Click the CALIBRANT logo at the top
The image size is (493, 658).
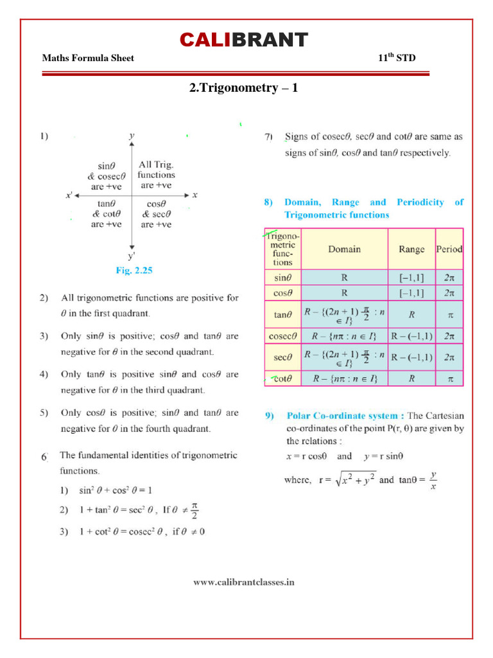point(243,40)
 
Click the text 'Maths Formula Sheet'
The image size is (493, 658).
point(88,58)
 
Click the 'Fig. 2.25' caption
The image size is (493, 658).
point(134,271)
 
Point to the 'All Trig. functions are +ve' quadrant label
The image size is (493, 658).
point(157,175)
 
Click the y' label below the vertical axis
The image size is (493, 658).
point(132,256)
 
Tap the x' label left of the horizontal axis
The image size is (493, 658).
point(69,195)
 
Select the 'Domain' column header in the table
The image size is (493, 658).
point(345,249)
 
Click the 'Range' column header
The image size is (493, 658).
point(411,249)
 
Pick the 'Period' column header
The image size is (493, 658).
point(449,249)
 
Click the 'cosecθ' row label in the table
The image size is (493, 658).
point(283,335)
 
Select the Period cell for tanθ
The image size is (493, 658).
point(450,315)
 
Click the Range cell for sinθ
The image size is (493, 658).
point(411,278)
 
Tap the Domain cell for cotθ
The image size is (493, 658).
point(345,378)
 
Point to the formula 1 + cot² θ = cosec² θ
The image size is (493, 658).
point(116,531)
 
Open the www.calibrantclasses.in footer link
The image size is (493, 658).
point(244,582)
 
